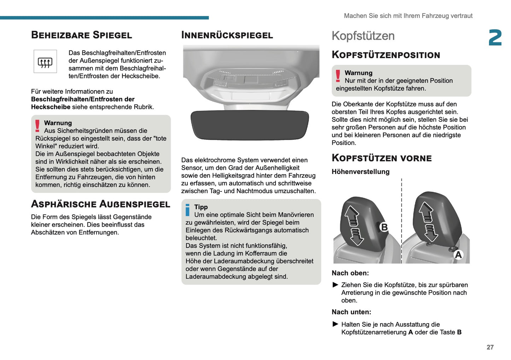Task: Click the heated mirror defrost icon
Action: click(45, 62)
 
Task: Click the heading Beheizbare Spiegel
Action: click(81, 35)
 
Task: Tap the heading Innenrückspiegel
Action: click(227, 35)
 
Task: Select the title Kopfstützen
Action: click(363, 36)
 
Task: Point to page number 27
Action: click(490, 347)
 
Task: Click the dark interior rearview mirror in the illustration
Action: click(250, 124)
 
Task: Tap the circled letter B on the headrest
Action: click(384, 227)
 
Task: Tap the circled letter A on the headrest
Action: click(458, 255)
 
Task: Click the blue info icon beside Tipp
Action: click(187, 210)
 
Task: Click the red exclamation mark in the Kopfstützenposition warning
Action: click(338, 76)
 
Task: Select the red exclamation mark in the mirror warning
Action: click(37, 126)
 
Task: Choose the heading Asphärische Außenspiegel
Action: click(100, 204)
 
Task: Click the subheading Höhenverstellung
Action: click(360, 172)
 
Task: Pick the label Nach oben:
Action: click(350, 273)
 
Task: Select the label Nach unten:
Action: click(351, 312)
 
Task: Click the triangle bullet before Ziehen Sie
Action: click(336, 285)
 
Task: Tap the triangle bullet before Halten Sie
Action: click(336, 324)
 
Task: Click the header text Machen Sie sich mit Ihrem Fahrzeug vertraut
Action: click(408, 16)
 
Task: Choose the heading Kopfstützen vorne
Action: click(382, 158)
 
